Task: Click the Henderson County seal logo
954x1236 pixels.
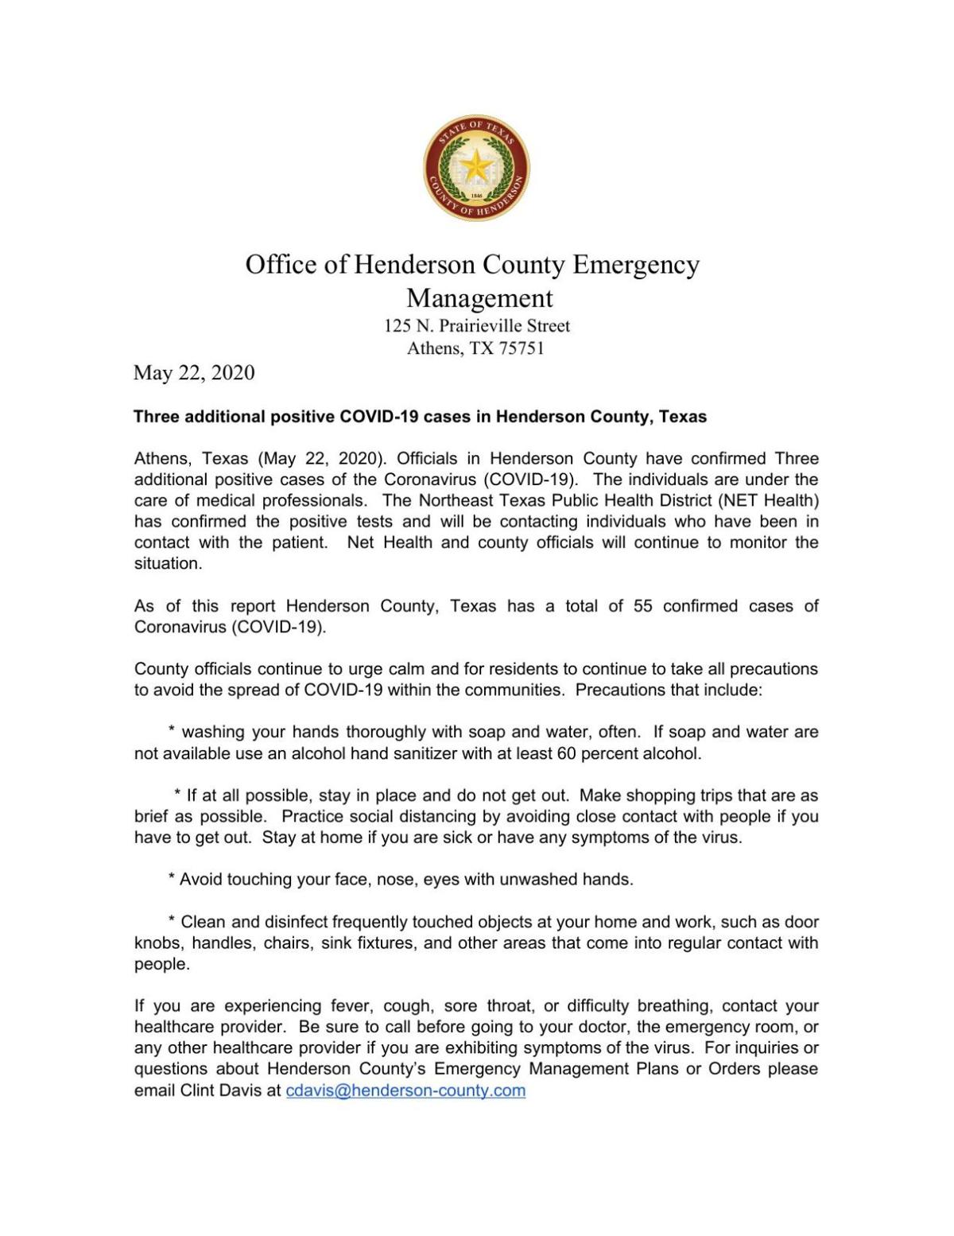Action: tap(476, 168)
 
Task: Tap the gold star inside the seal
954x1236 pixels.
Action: tap(476, 165)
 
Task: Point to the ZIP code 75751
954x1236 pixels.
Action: tap(521, 348)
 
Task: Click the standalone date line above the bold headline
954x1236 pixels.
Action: tap(194, 372)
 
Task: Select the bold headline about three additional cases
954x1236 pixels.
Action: tap(420, 417)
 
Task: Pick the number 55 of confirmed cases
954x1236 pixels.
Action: tap(643, 606)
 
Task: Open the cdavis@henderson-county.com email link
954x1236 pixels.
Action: tap(405, 1090)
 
